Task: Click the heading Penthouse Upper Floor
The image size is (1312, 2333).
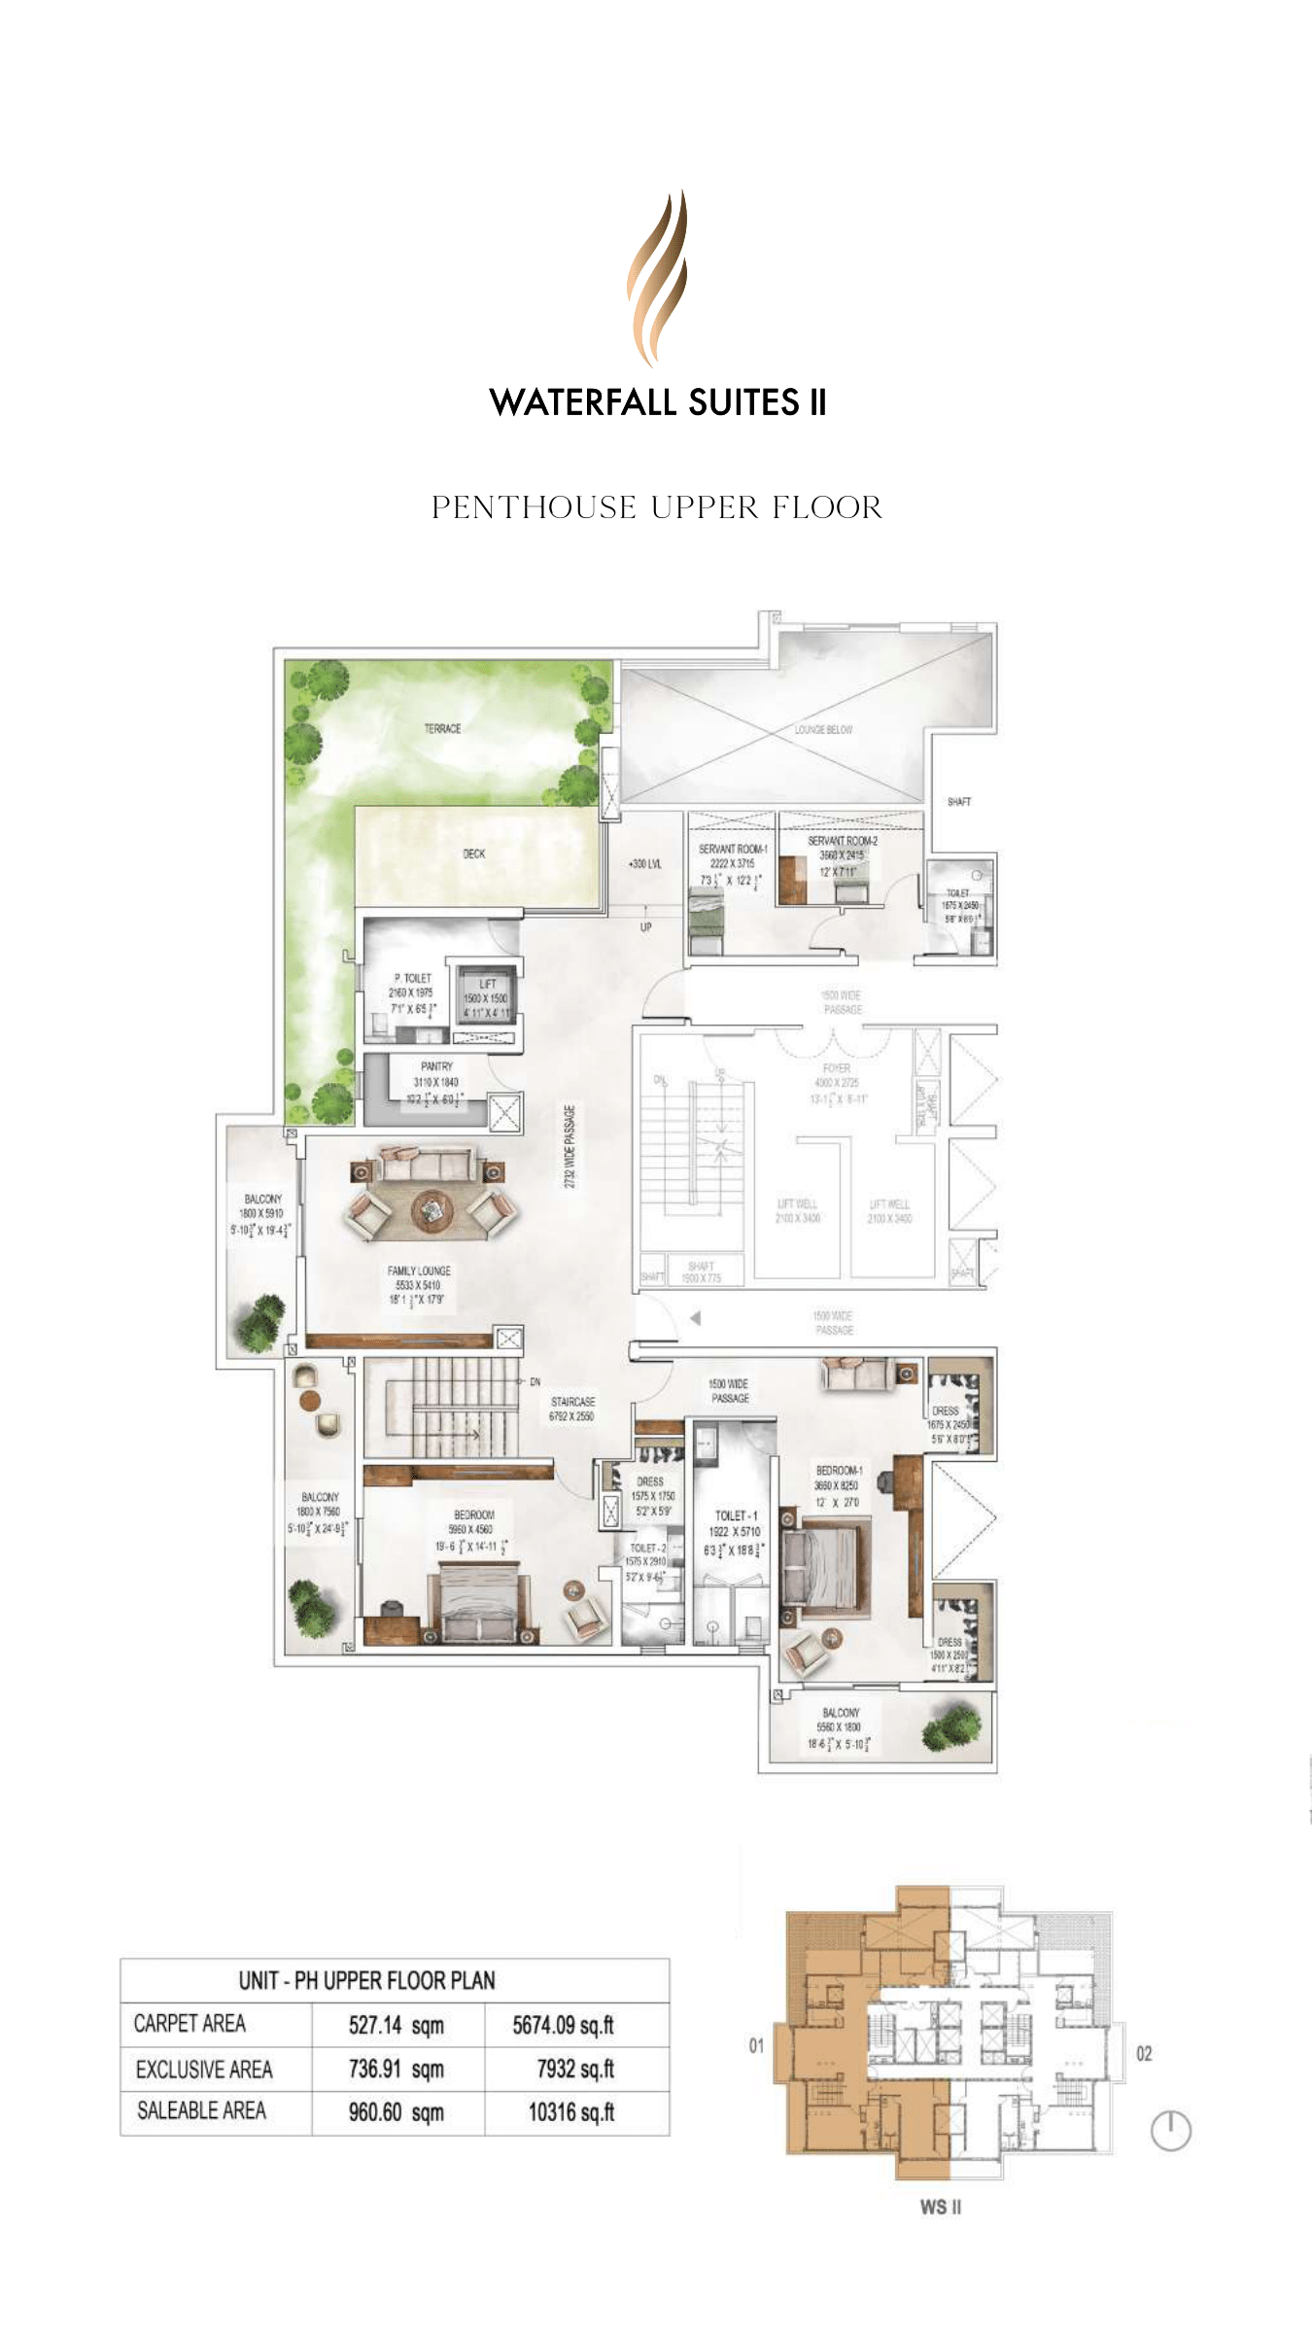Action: (x=657, y=507)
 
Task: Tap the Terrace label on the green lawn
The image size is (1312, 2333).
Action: (x=442, y=728)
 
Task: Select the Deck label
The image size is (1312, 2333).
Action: (x=473, y=853)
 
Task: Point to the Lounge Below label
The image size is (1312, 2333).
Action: (x=823, y=729)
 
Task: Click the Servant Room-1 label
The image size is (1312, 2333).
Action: (x=732, y=849)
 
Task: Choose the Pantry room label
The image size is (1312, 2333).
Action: (x=436, y=1066)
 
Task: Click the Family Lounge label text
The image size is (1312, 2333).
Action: (x=419, y=1271)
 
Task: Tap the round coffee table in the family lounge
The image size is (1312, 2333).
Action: (x=432, y=1210)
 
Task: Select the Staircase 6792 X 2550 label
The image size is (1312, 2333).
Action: (x=571, y=1409)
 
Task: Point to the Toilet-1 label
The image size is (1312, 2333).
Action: (x=735, y=1515)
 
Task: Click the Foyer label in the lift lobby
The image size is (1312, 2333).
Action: (x=836, y=1068)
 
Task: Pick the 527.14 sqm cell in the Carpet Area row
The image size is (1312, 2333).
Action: (x=396, y=2026)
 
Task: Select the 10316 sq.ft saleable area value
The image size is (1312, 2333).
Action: (x=571, y=2112)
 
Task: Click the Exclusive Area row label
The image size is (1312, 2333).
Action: (x=204, y=2070)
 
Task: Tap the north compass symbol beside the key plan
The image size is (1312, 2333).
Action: (x=1170, y=2131)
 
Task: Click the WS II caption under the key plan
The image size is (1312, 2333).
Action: (x=940, y=2207)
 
